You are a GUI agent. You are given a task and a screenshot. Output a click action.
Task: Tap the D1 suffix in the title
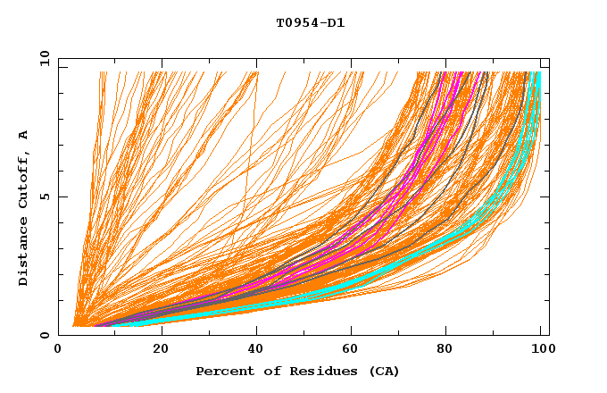click(x=336, y=23)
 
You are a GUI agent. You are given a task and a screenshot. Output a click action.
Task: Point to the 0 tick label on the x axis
click(x=58, y=350)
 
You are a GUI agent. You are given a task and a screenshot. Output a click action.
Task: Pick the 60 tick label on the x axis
click(x=353, y=350)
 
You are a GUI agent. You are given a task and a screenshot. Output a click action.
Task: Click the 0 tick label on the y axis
click(x=45, y=336)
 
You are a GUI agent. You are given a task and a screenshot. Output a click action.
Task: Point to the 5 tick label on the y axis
click(x=45, y=196)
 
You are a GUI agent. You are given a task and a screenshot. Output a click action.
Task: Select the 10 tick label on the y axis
click(x=42, y=58)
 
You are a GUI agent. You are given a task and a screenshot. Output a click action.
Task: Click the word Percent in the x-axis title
click(x=220, y=371)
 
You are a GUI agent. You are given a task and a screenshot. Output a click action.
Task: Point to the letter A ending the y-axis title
click(x=24, y=135)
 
